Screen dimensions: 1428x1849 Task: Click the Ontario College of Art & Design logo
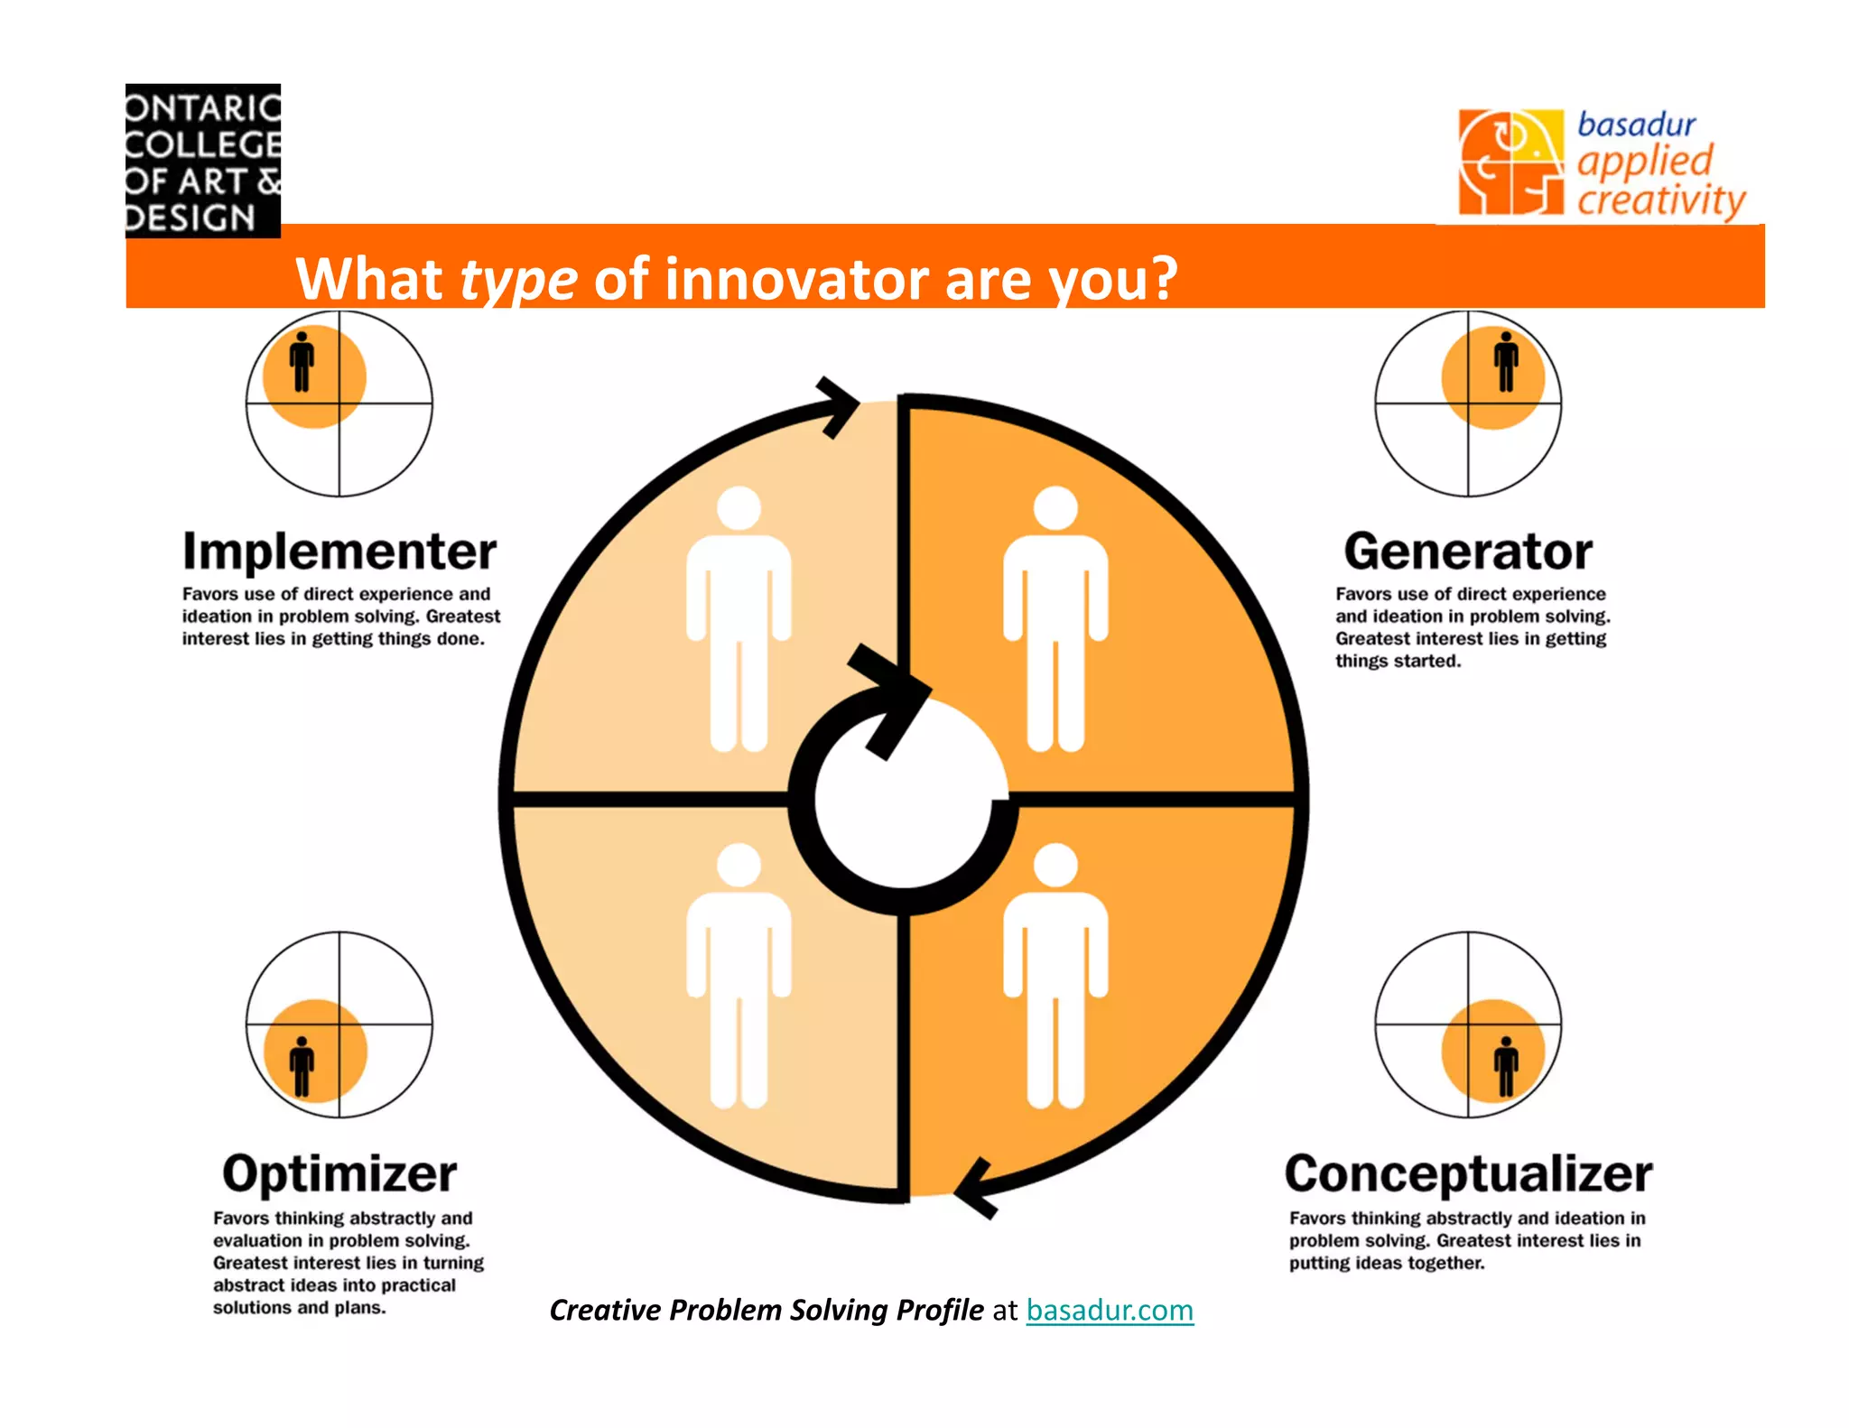coord(203,161)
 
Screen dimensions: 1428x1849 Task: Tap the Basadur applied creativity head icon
coord(1510,162)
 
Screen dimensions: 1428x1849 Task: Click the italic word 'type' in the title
coord(518,279)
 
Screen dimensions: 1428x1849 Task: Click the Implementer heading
coord(339,551)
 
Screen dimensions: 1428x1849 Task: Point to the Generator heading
coord(1468,551)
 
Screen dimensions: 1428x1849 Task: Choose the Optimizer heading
coord(339,1173)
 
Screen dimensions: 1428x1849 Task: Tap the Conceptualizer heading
coord(1468,1173)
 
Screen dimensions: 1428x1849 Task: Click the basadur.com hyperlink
coord(1110,1310)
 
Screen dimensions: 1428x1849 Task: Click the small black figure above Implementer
coord(302,362)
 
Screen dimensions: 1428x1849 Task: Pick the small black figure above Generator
coord(1505,362)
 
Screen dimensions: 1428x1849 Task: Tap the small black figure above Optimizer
coord(302,1066)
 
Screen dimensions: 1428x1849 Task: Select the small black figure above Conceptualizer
coord(1505,1066)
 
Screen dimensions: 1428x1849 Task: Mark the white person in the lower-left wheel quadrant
coord(739,975)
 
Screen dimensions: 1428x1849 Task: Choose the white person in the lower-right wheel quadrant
coord(1055,975)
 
